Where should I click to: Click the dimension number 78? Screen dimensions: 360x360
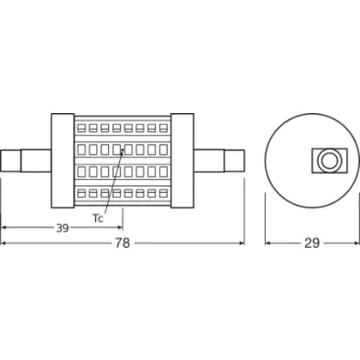click(x=123, y=243)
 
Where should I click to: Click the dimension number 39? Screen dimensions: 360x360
click(x=63, y=228)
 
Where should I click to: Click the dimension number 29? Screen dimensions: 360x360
click(x=312, y=243)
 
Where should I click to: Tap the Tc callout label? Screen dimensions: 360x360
click(x=98, y=219)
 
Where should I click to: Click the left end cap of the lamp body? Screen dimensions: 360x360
click(x=63, y=161)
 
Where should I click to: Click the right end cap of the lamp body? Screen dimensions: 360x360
click(x=183, y=161)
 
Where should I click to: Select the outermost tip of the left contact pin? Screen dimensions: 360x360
click(x=1, y=161)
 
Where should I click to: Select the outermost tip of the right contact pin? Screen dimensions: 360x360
click(x=244, y=161)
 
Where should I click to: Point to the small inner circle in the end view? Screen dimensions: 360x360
click(x=328, y=160)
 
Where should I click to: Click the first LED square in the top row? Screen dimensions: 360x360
click(x=81, y=128)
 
